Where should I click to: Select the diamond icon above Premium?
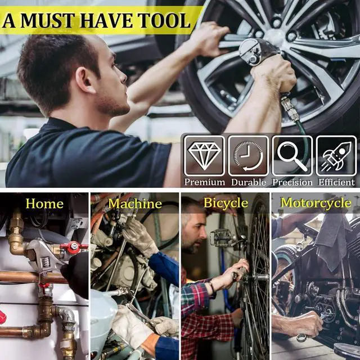pyautogui.click(x=204, y=155)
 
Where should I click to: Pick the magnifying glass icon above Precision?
pyautogui.click(x=292, y=155)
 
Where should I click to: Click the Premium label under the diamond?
pyautogui.click(x=204, y=182)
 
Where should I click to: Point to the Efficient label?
pyautogui.click(x=336, y=182)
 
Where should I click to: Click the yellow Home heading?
pyautogui.click(x=44, y=204)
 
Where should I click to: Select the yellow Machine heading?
pyautogui.click(x=135, y=204)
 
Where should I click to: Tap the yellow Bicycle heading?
pyautogui.click(x=225, y=203)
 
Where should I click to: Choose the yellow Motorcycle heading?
pyautogui.click(x=316, y=203)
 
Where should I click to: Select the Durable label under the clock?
pyautogui.click(x=248, y=182)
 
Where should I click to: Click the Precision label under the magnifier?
pyautogui.click(x=292, y=182)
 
